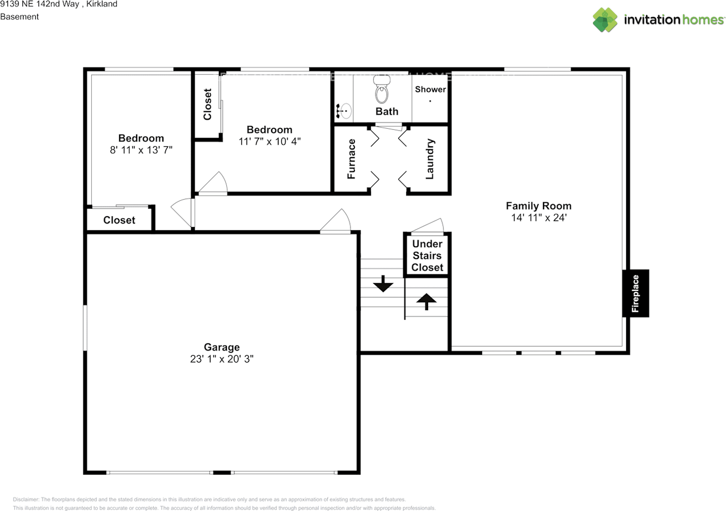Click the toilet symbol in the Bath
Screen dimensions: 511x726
pyautogui.click(x=382, y=91)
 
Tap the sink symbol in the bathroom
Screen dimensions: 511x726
pyautogui.click(x=344, y=111)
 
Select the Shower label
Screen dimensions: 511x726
pyautogui.click(x=430, y=90)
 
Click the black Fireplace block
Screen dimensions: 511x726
pyautogui.click(x=635, y=293)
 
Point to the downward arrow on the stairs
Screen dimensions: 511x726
pyautogui.click(x=383, y=283)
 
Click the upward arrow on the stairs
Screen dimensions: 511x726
pyautogui.click(x=426, y=301)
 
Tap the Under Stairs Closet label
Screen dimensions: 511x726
pyautogui.click(x=427, y=256)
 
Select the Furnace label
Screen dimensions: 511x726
pyautogui.click(x=351, y=159)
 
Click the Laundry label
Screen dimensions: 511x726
pyautogui.click(x=429, y=159)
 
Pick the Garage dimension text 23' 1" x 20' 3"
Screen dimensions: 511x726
pyautogui.click(x=222, y=359)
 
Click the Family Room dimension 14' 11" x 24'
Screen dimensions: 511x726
pyautogui.click(x=538, y=217)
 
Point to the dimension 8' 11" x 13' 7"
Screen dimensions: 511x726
pyautogui.click(x=141, y=150)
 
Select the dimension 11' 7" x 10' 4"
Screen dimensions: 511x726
pyautogui.click(x=269, y=141)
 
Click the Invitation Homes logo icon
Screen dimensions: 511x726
pyautogui.click(x=605, y=19)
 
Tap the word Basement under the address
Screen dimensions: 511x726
pyautogui.click(x=19, y=16)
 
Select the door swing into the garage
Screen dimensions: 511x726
pyautogui.click(x=338, y=222)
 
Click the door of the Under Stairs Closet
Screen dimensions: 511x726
pyautogui.click(x=428, y=226)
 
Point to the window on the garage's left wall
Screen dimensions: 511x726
pyautogui.click(x=85, y=328)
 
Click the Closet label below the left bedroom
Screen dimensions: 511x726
pyautogui.click(x=119, y=220)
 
